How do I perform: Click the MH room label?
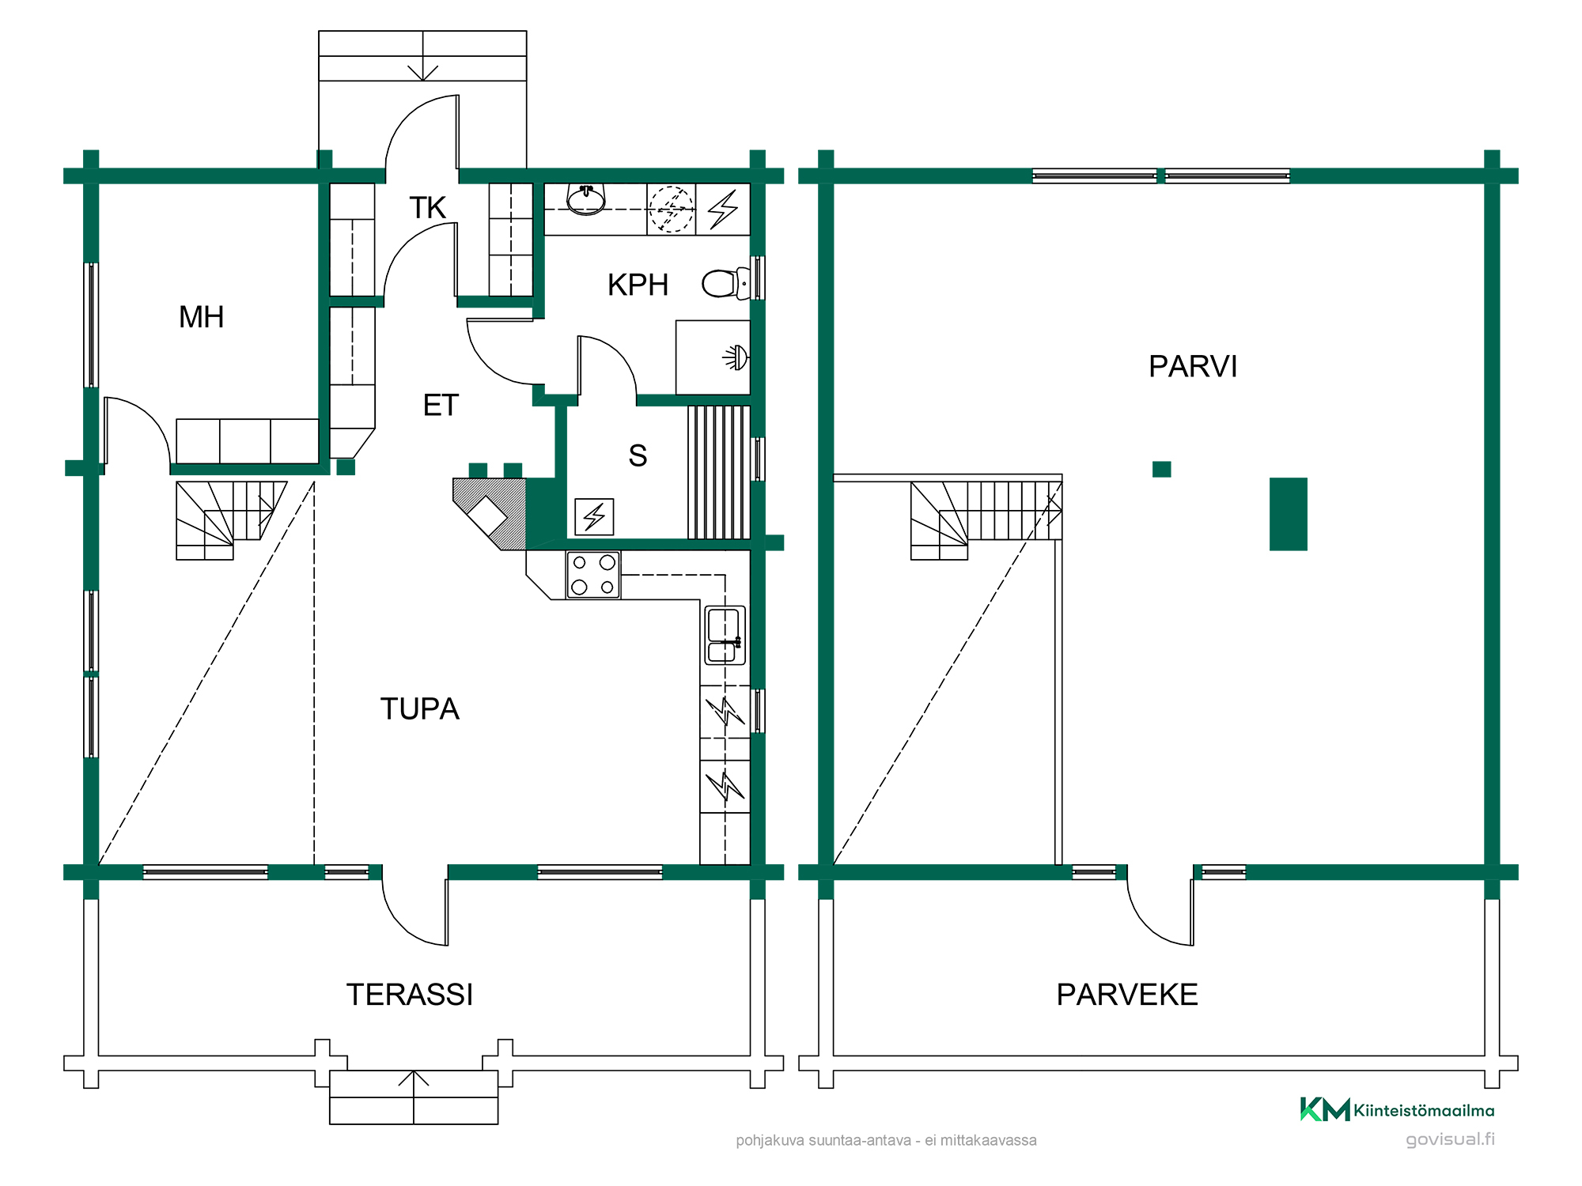pos(202,317)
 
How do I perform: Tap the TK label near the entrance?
pos(428,208)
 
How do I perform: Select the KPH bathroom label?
pos(638,285)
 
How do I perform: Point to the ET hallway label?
pos(441,406)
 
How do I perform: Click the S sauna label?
pos(638,456)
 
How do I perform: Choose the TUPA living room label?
pos(420,709)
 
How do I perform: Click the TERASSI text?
pos(410,995)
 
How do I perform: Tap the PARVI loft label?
pos(1193,367)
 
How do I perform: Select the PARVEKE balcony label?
pos(1127,995)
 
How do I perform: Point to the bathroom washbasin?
pos(586,199)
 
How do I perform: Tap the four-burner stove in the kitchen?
pos(593,575)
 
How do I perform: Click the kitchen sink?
pos(725,635)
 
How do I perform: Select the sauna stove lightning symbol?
pos(594,517)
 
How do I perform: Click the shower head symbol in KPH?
pos(736,358)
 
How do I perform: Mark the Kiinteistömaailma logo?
pos(1398,1109)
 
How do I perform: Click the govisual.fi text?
pos(1451,1139)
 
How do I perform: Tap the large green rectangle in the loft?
pos(1289,514)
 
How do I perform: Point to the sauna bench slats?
pos(719,472)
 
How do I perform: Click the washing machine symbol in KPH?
pos(672,210)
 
